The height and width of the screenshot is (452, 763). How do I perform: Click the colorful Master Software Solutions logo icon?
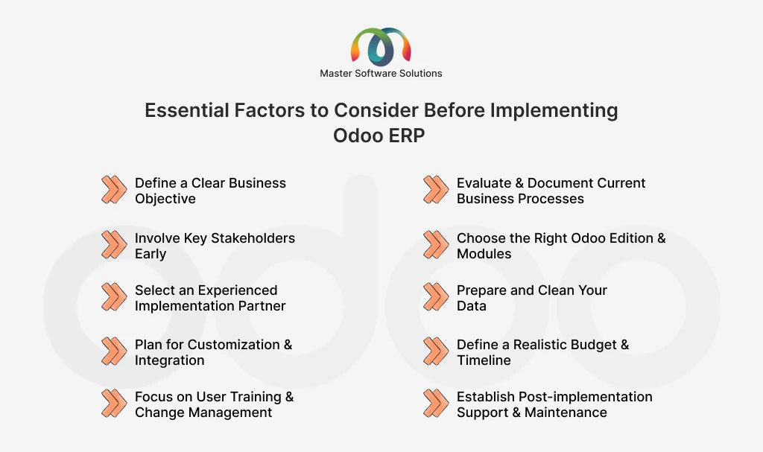coord(381,47)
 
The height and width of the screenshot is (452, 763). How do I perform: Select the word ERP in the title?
coord(407,136)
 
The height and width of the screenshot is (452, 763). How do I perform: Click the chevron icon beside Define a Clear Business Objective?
coord(114,190)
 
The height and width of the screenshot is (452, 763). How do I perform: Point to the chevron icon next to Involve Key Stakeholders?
coord(114,245)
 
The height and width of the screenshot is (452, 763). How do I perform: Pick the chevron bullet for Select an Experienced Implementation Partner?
coord(114,297)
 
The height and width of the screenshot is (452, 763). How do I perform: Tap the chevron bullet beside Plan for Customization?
coord(114,351)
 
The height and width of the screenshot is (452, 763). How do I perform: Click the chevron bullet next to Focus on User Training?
coord(114,404)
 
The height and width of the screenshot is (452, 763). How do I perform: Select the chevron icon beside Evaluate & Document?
coord(436,190)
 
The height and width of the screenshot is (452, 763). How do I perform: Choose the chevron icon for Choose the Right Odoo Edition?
coord(436,245)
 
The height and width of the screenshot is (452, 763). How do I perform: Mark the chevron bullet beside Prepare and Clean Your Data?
coord(436,297)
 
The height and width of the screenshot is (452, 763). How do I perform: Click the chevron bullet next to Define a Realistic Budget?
coord(436,351)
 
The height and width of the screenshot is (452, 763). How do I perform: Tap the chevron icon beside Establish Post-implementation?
coord(436,404)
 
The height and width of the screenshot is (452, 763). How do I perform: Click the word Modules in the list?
coord(484,253)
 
